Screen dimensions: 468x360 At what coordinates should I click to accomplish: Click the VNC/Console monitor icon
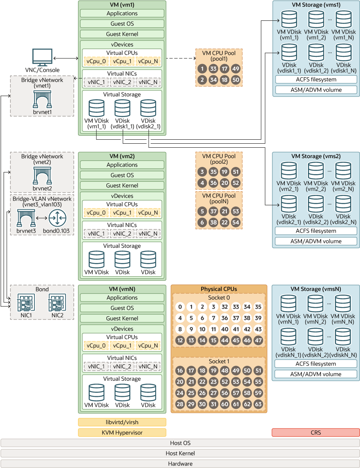tap(42, 57)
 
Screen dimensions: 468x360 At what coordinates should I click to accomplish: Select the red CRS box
tap(315, 432)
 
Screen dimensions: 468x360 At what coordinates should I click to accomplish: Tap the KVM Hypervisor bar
tap(122, 432)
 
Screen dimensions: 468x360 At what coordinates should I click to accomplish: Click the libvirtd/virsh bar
tap(122, 422)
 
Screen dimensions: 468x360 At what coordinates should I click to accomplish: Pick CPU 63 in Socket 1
tap(258, 404)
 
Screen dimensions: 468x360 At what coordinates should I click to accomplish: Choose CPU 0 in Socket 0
tap(180, 307)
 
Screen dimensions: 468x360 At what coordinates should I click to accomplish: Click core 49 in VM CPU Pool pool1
tap(236, 68)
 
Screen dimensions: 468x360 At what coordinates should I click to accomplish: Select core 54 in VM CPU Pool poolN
tap(236, 222)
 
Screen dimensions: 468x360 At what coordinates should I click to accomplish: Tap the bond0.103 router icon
tap(56, 219)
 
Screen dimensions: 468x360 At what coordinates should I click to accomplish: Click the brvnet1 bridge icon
tap(42, 99)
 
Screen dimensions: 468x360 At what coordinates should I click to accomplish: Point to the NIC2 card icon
tap(57, 303)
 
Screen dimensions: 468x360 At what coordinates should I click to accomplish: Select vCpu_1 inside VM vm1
tap(122, 61)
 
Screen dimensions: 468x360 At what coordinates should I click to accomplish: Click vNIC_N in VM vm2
tap(148, 233)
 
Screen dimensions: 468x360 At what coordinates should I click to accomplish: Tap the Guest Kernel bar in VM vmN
tap(122, 318)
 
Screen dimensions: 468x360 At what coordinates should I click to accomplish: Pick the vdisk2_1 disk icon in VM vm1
tap(148, 108)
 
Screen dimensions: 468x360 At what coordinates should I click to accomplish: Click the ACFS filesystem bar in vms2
tap(315, 231)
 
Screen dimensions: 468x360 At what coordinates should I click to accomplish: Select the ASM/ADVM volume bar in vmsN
tap(315, 374)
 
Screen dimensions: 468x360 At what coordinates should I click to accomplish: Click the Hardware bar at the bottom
tap(180, 464)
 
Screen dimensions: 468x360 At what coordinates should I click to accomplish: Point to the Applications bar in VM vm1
tap(122, 13)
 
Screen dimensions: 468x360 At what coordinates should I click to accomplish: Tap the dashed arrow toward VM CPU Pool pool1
tap(180, 58)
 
